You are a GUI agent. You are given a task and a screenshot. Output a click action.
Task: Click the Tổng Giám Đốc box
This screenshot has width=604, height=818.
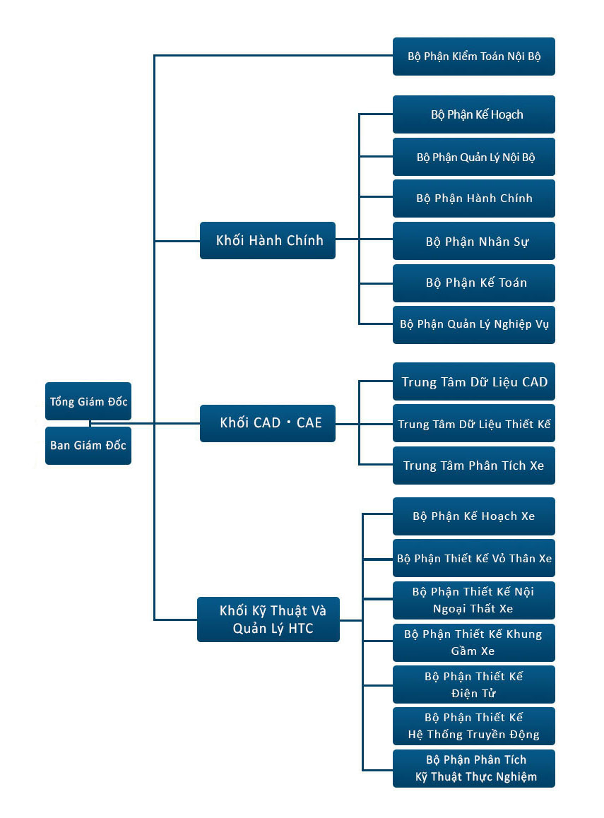(88, 401)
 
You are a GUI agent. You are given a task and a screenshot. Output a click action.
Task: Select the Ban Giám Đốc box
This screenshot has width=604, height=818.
(88, 446)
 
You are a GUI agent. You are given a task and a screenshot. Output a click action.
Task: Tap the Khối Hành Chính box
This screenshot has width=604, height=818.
(268, 240)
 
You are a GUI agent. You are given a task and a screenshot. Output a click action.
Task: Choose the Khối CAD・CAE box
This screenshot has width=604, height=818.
(268, 423)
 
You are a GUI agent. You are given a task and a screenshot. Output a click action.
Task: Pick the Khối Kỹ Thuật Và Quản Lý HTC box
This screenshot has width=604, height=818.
(268, 620)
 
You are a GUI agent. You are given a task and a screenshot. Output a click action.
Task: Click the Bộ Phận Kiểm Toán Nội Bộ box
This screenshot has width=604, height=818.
(473, 57)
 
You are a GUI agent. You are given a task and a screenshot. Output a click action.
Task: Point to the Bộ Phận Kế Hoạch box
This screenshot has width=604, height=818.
(473, 114)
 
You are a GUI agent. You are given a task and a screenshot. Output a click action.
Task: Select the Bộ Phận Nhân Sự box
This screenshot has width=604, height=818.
(473, 241)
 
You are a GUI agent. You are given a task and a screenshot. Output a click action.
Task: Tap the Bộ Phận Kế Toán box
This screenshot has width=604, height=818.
(473, 283)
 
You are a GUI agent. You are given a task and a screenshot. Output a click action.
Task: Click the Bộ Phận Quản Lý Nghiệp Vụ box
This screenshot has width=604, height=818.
(473, 325)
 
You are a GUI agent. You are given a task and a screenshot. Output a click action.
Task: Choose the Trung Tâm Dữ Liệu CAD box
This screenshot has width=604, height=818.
(473, 381)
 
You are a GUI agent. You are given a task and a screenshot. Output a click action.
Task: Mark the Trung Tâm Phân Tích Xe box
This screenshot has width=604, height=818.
(473, 466)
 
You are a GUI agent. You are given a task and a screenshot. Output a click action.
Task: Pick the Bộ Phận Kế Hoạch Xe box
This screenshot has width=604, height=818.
(473, 516)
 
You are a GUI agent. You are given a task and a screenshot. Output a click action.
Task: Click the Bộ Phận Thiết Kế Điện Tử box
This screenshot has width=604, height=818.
(473, 684)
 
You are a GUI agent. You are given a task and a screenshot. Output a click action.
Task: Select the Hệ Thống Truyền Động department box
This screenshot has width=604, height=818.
(473, 726)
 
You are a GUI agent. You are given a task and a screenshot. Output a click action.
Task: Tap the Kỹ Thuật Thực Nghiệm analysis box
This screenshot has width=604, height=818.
(473, 769)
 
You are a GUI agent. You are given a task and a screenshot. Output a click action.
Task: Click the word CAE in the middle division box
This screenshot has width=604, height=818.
(309, 422)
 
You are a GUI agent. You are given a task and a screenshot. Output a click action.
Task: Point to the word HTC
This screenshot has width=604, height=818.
(300, 628)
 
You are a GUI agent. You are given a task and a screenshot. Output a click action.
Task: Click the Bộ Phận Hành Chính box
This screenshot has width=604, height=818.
(473, 198)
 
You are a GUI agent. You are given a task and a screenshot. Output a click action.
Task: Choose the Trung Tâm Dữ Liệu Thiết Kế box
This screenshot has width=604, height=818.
(473, 423)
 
